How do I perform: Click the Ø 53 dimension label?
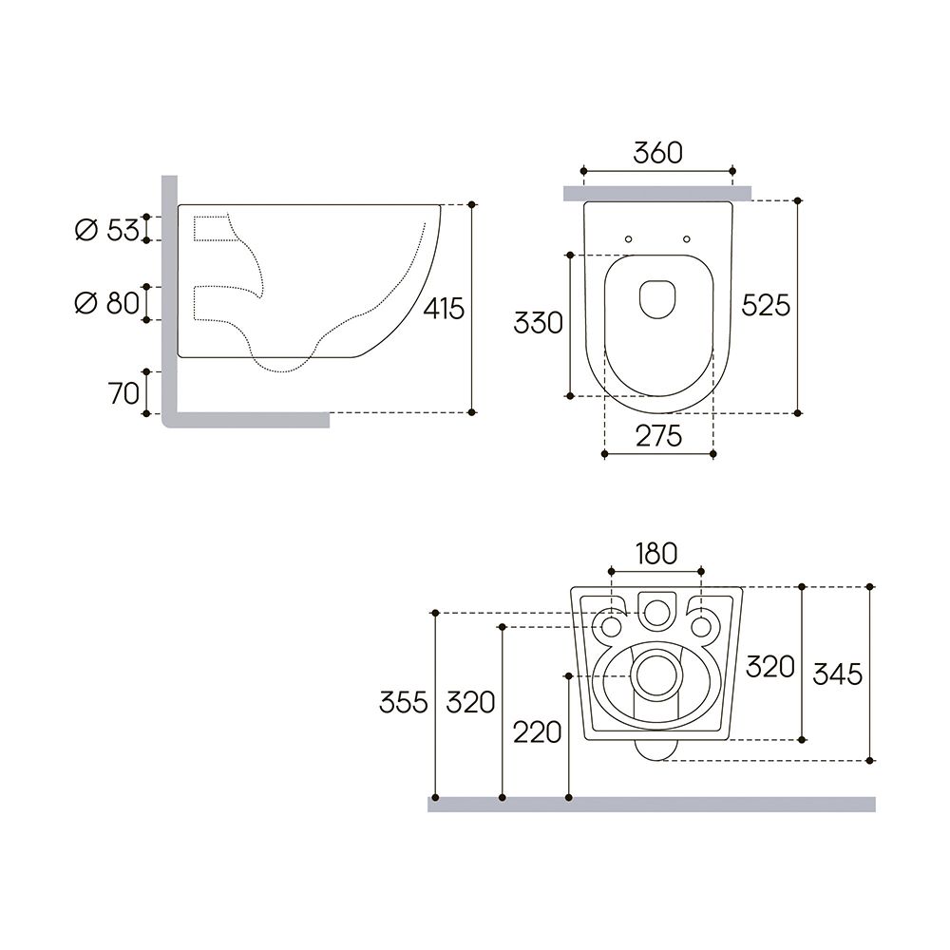click(106, 229)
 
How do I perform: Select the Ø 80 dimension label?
click(106, 303)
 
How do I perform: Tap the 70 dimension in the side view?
click(123, 392)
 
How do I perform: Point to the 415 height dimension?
click(444, 309)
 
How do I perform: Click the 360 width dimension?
click(657, 153)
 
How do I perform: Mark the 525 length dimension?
click(766, 305)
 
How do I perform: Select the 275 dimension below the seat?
click(658, 436)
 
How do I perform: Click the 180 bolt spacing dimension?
click(655, 554)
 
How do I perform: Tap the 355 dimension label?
click(403, 703)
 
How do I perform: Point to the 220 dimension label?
click(537, 731)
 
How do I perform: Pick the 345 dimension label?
click(838, 674)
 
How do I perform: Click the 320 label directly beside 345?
click(769, 667)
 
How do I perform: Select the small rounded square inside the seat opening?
click(657, 298)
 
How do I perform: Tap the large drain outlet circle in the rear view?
click(655, 676)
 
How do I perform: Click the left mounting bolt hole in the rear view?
click(609, 627)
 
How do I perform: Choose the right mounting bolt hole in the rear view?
click(701, 627)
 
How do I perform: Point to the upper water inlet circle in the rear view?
click(655, 613)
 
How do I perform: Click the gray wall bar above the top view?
click(657, 194)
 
